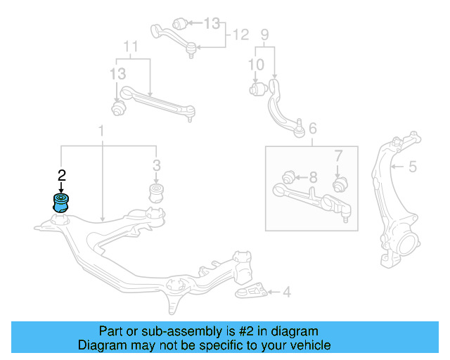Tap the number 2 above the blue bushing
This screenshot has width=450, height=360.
[x=62, y=174]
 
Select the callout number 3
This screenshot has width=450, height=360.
[x=156, y=166]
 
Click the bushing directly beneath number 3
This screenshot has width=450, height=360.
[x=156, y=193]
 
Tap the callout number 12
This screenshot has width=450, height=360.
[x=240, y=34]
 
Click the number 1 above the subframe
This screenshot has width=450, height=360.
[x=101, y=131]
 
